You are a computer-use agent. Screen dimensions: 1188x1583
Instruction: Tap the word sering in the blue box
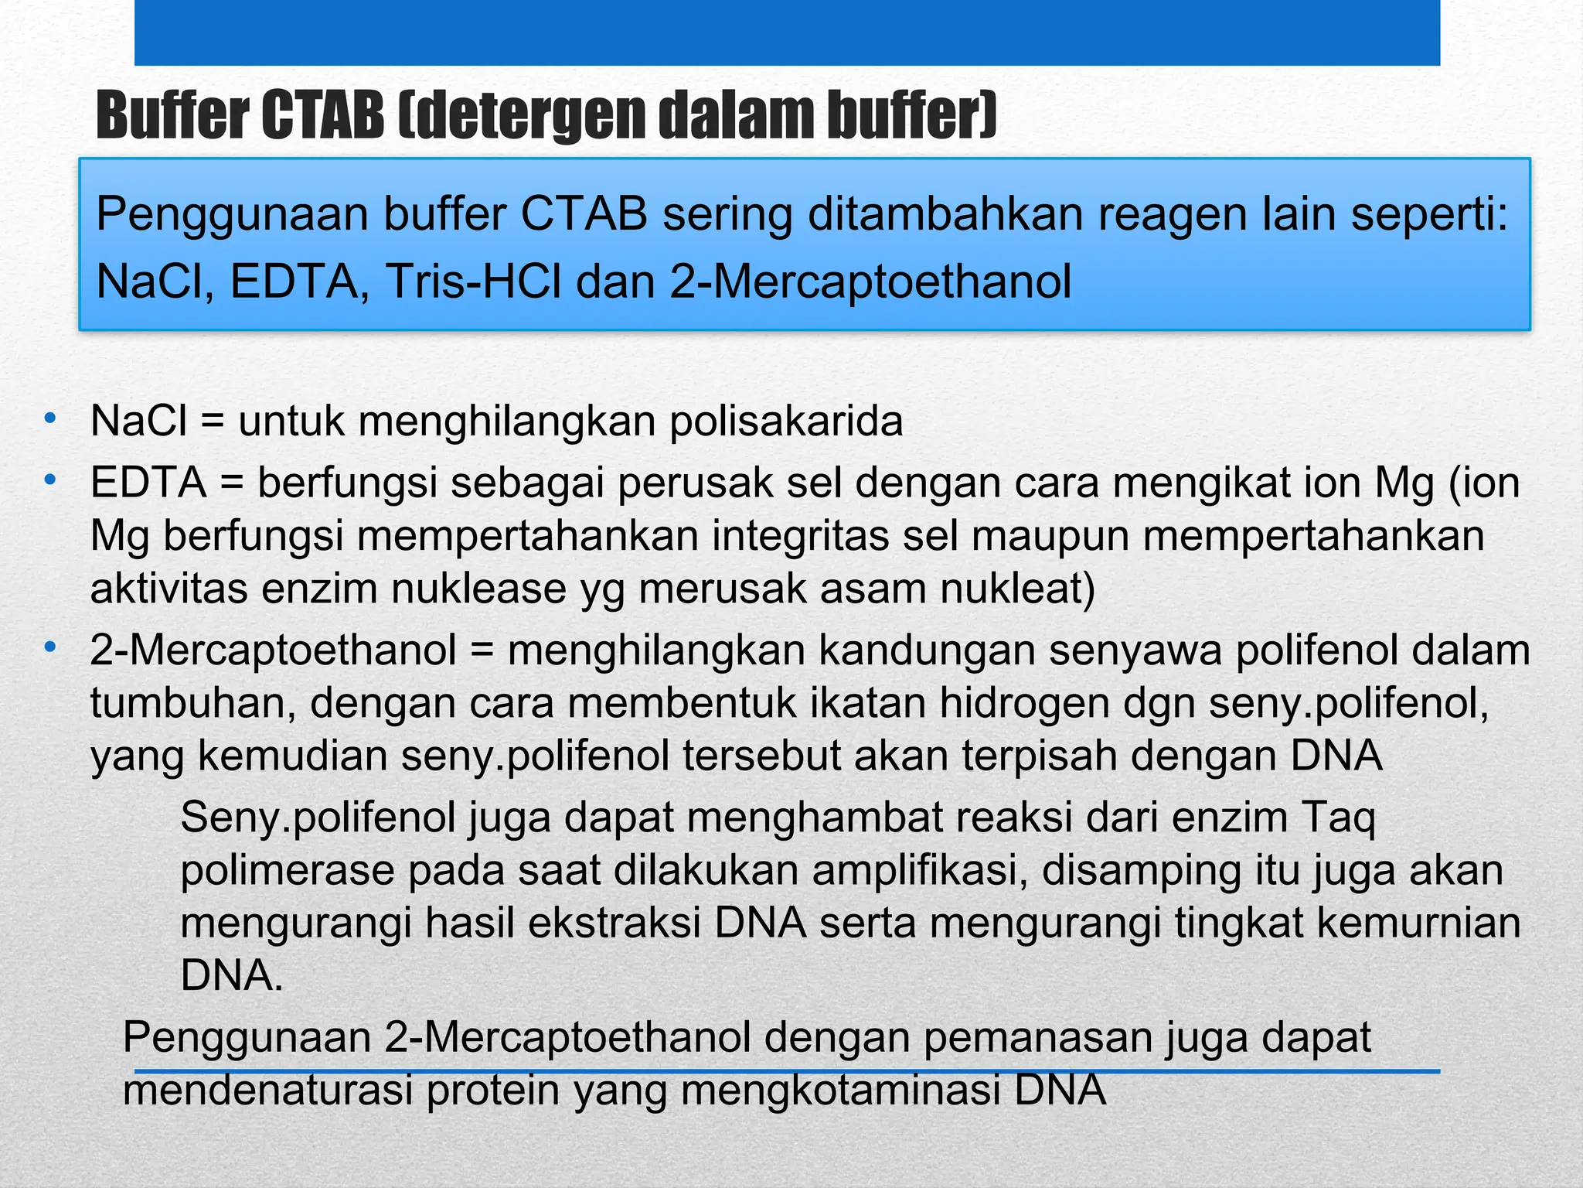point(727,214)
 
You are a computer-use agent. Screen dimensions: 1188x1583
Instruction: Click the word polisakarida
point(786,422)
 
